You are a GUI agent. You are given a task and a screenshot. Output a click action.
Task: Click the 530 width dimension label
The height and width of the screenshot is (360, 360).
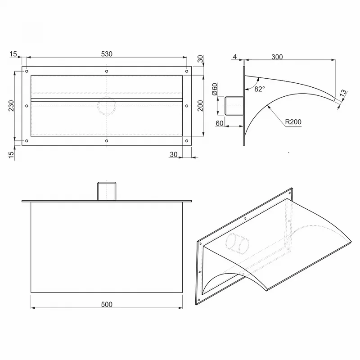pos(107,54)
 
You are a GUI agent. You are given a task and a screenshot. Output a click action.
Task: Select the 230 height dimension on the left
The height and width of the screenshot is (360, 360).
pos(11,106)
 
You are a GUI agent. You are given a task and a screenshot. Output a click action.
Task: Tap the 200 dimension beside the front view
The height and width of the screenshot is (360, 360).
pos(200,106)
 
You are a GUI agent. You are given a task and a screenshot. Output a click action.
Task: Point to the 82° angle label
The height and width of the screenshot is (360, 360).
pos(260,89)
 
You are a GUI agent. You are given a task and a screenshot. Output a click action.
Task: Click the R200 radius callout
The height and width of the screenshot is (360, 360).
pos(293,122)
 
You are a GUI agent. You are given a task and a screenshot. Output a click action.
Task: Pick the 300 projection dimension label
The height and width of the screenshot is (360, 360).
pos(277,57)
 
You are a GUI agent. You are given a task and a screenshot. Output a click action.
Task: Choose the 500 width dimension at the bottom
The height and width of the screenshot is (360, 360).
pos(107,305)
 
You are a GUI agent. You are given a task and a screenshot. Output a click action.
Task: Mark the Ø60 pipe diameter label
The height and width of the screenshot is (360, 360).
pos(215,89)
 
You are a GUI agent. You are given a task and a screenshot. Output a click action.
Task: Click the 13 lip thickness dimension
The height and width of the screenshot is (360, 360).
pos(343,93)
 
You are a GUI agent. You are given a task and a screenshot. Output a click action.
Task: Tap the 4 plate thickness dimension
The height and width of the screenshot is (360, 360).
pos(234,57)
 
